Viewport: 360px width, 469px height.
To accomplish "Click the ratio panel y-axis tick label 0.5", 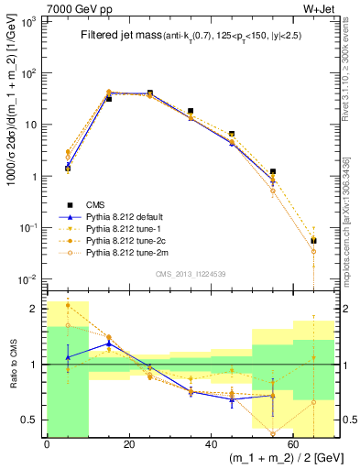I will point(32,420).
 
